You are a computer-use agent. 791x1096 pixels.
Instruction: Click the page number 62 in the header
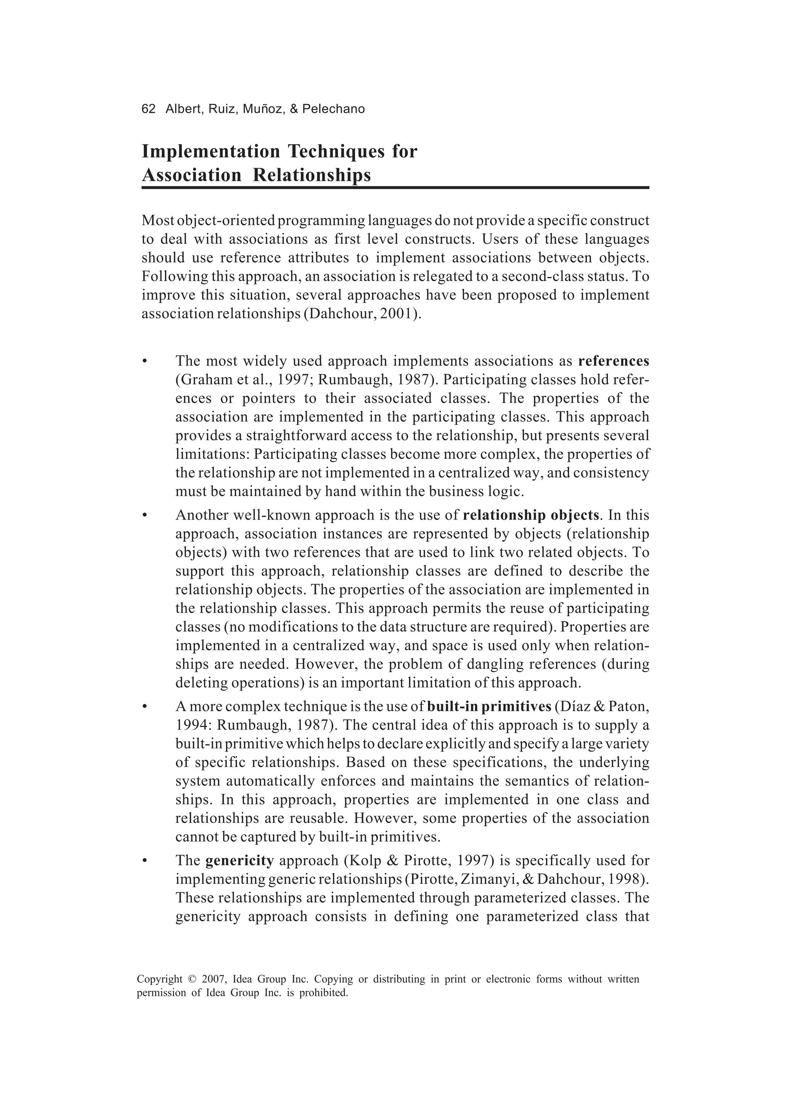point(148,109)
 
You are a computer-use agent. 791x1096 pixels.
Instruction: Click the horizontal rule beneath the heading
point(395,187)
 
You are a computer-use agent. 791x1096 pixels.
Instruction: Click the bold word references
point(613,361)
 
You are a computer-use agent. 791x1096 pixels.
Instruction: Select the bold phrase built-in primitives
point(489,707)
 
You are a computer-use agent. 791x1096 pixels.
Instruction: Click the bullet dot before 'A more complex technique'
point(144,707)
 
